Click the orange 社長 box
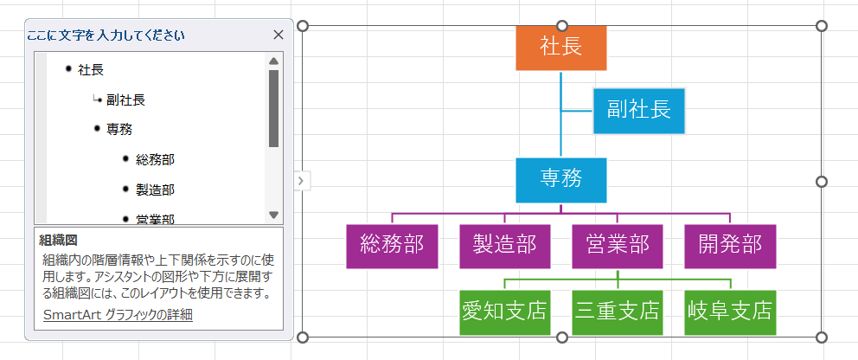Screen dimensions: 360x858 coord(560,48)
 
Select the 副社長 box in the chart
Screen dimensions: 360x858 coord(639,110)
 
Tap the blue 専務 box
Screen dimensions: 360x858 coord(560,179)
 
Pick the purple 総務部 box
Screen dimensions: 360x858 coord(392,246)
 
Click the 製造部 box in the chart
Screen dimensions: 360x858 coord(504,246)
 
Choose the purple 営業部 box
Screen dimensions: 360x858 coord(618,246)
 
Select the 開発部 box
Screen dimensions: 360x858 coord(730,246)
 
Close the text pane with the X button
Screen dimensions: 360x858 coord(279,35)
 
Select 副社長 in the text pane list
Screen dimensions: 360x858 coord(125,100)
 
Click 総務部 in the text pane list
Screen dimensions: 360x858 coord(155,159)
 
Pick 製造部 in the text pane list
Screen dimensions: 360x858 coord(155,190)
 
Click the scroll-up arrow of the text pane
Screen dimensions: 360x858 coord(273,61)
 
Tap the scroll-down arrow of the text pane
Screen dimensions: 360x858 coord(273,215)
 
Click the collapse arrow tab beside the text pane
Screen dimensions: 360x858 coord(300,180)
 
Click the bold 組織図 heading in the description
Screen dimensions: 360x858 coord(59,240)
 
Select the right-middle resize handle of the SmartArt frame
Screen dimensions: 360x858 coord(822,182)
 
